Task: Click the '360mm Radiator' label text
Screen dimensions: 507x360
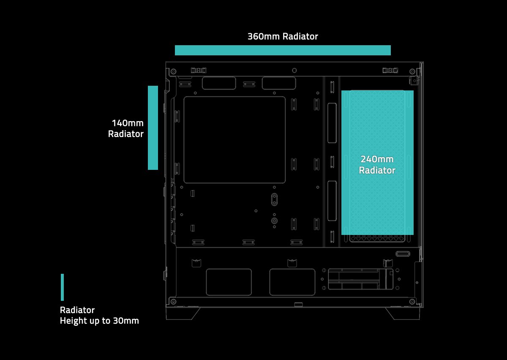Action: (283, 36)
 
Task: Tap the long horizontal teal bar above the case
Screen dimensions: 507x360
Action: (283, 50)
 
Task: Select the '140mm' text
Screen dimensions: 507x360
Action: (128, 123)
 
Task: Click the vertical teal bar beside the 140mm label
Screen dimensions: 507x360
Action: (153, 128)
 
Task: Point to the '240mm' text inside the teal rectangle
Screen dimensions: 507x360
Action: (377, 159)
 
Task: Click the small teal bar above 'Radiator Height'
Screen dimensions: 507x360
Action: (62, 287)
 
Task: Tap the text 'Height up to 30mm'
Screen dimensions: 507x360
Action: (99, 321)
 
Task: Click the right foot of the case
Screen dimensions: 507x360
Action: (403, 314)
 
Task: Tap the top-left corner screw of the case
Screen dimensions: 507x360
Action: (173, 71)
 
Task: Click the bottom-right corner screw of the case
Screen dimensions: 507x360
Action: (412, 302)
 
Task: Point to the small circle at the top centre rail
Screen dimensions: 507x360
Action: (294, 71)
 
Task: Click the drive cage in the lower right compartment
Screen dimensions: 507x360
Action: (360, 279)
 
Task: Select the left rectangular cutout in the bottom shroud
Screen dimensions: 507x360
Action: (229, 282)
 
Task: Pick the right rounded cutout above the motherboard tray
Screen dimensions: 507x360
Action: (279, 83)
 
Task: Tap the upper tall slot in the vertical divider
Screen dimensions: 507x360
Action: (332, 123)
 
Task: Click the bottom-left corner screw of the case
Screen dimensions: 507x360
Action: (173, 302)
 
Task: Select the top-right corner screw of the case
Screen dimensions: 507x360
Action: (412, 71)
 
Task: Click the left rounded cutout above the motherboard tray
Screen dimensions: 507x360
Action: (219, 83)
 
